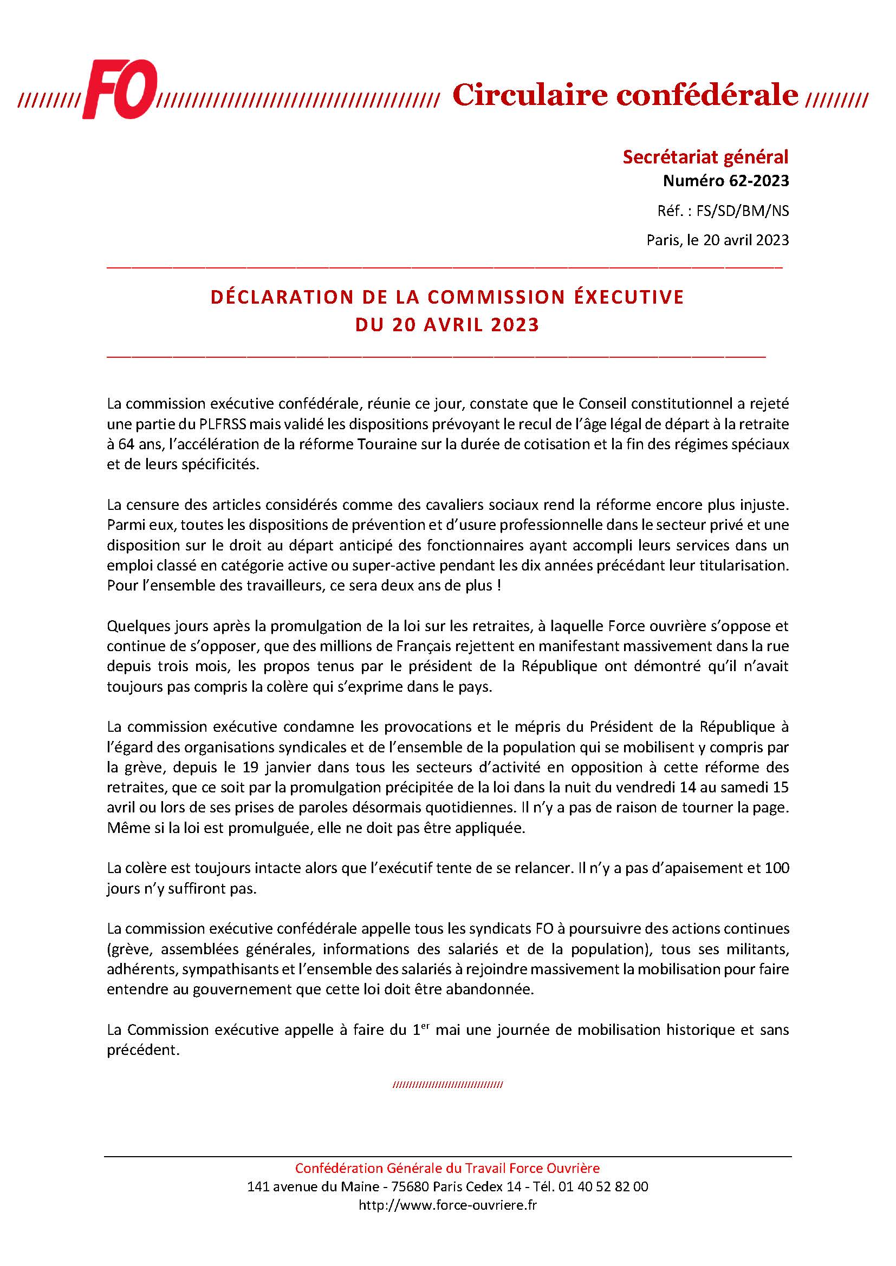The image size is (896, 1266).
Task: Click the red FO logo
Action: coord(120,89)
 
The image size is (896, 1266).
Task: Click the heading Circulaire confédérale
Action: coord(625,95)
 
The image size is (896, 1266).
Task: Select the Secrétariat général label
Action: coord(705,157)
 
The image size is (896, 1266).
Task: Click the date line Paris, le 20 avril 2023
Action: coord(717,240)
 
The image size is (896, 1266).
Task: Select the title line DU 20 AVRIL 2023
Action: coord(447,324)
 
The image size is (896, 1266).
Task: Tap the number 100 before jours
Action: coord(777,868)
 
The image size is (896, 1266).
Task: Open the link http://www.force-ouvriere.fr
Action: coord(447,1205)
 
